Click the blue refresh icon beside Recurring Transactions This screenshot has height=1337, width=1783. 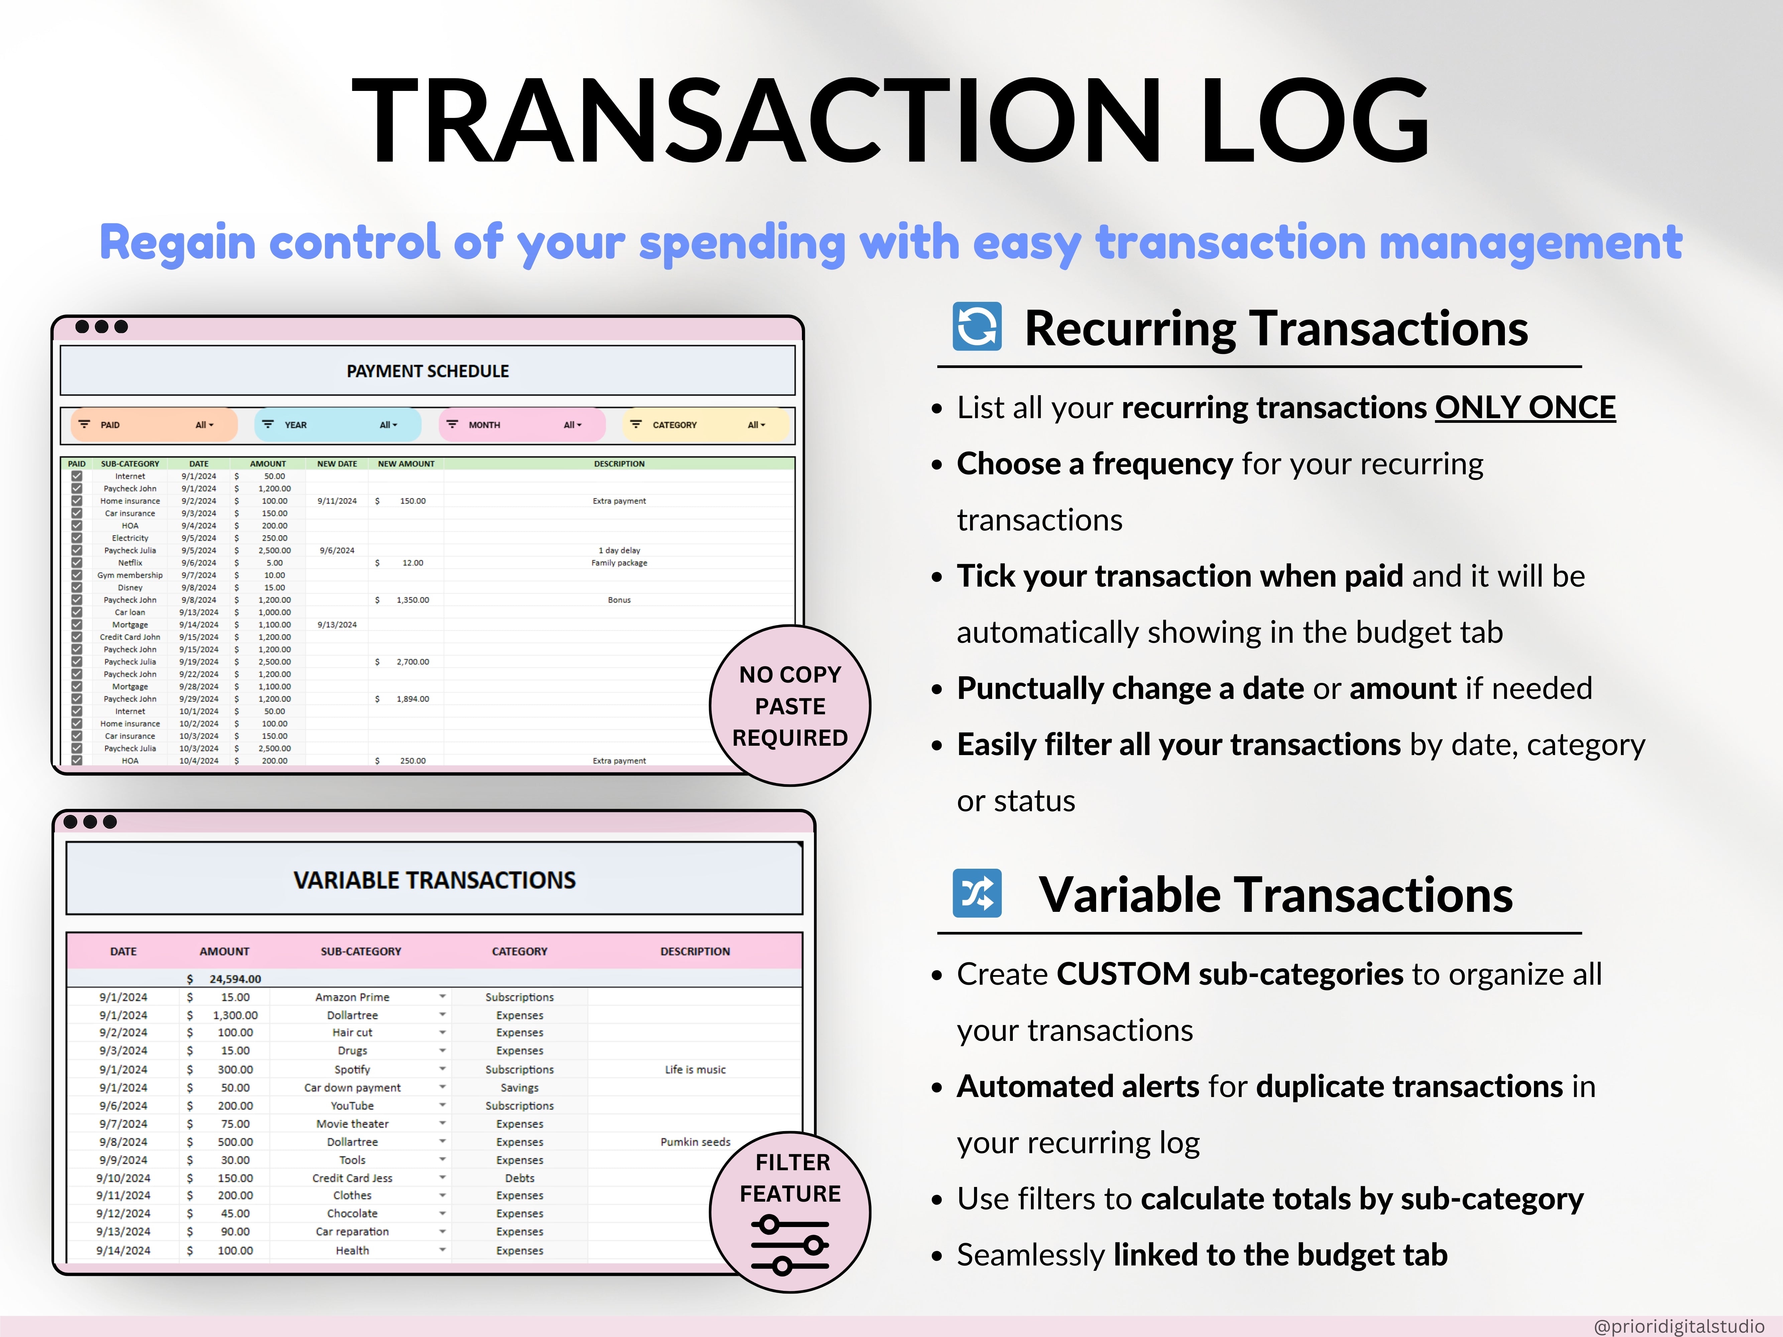(x=977, y=326)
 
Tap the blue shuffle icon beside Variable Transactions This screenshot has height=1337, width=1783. (x=977, y=893)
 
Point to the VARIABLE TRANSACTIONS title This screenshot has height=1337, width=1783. (x=435, y=880)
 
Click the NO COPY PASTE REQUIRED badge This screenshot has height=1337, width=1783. (x=790, y=705)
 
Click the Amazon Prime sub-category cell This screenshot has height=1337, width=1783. (x=352, y=997)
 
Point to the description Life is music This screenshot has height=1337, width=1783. (x=695, y=1070)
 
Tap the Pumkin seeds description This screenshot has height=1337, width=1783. (x=695, y=1142)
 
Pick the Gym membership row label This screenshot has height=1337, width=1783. (x=130, y=576)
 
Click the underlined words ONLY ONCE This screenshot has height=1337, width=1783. (x=1525, y=408)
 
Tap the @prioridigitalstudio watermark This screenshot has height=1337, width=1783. (x=1679, y=1326)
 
